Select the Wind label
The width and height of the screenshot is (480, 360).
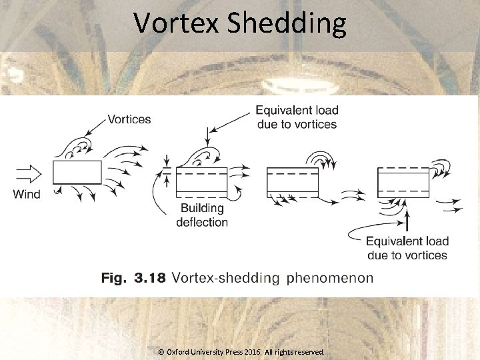[27, 195]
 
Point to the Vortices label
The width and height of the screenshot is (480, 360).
[129, 119]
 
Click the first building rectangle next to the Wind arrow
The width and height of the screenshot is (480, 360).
[77, 172]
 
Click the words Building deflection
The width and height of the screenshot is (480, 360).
[202, 216]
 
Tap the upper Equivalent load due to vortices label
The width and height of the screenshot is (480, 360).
[297, 117]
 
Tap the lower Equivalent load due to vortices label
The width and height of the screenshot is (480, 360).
[407, 248]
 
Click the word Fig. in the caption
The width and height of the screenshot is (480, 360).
[113, 277]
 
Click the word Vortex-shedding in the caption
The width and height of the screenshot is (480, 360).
[226, 277]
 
